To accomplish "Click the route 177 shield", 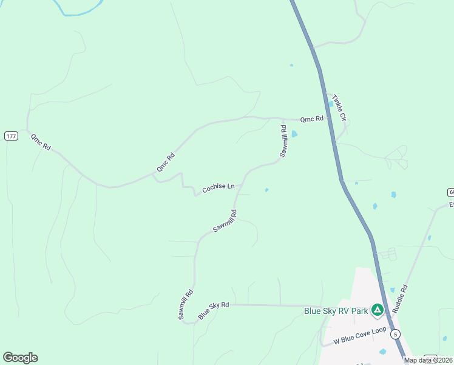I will [11, 136].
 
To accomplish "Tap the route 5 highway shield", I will [396, 334].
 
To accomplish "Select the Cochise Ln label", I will [219, 188].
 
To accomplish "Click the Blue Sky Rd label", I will [214, 310].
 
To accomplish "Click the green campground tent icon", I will [378, 310].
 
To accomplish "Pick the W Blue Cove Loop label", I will [360, 333].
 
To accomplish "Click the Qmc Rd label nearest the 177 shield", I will [41, 142].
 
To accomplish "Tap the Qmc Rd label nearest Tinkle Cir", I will [311, 119].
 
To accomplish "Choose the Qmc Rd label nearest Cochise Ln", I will [165, 161].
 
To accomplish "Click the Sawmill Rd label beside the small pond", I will [283, 141].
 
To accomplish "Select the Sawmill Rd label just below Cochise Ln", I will [225, 221].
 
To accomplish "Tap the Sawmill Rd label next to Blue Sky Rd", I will [186, 304].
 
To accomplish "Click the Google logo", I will [20, 358].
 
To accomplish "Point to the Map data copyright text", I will [429, 360].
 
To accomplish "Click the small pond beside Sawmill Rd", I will [294, 134].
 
